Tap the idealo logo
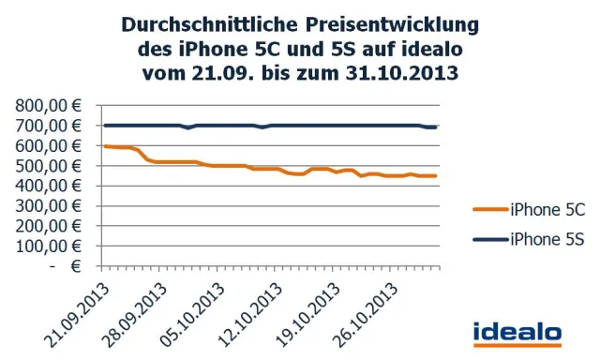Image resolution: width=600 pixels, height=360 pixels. [517, 332]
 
